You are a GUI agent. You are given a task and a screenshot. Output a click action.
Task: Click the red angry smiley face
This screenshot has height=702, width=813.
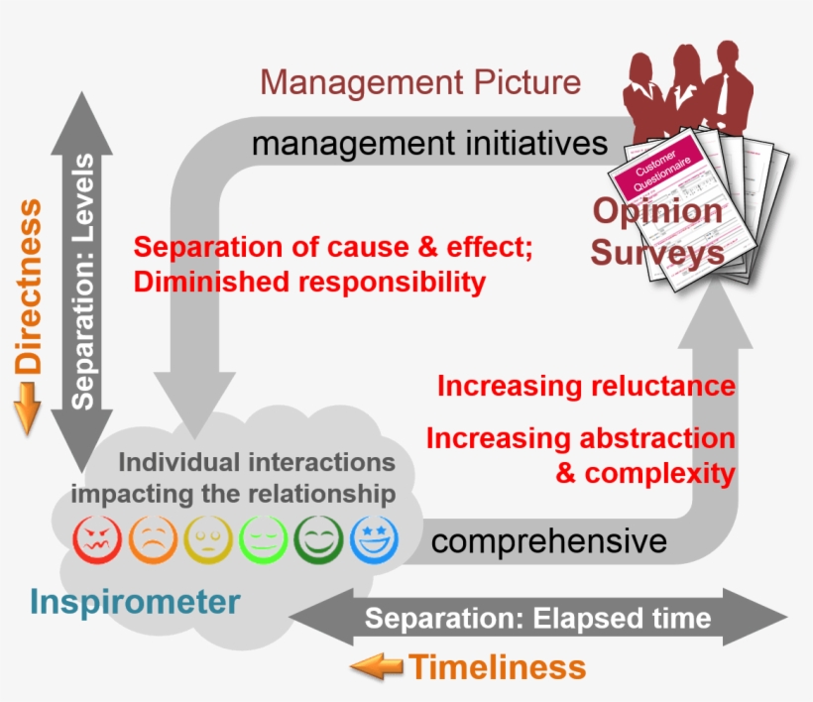pyautogui.click(x=98, y=539)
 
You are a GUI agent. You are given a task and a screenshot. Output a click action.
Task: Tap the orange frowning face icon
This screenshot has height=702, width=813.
pyautogui.click(x=153, y=539)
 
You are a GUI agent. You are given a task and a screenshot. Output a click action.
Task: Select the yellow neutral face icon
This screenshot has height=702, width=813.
pyautogui.click(x=208, y=539)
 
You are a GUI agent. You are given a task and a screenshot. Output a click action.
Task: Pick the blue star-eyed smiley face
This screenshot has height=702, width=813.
pyautogui.click(x=374, y=539)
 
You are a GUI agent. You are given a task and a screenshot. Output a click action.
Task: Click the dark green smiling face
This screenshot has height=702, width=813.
pyautogui.click(x=319, y=539)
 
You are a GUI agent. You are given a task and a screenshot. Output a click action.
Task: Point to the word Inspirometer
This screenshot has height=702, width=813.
pyautogui.click(x=135, y=601)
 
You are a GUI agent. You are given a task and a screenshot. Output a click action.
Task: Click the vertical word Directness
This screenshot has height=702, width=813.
pyautogui.click(x=30, y=287)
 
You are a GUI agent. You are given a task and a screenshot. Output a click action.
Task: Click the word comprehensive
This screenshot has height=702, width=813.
pyautogui.click(x=548, y=541)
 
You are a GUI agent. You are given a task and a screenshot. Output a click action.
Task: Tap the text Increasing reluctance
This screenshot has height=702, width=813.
pyautogui.click(x=586, y=386)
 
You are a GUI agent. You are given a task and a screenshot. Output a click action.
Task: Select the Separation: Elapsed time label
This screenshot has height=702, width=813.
pyautogui.click(x=537, y=619)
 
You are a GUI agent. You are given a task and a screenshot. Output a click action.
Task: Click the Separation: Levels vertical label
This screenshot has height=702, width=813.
pyautogui.click(x=85, y=282)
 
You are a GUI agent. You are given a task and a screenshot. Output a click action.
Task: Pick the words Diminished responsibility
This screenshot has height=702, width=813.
pyautogui.click(x=309, y=283)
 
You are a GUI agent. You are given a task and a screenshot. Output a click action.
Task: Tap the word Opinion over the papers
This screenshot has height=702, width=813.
pyautogui.click(x=657, y=211)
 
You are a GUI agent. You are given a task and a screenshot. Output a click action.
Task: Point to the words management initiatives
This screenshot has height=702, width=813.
pyautogui.click(x=429, y=144)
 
